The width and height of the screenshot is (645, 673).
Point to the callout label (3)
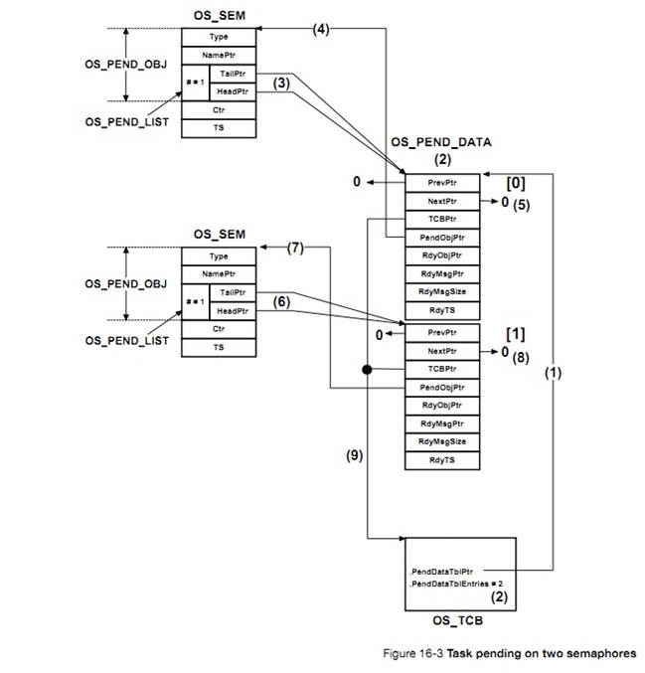pyautogui.click(x=281, y=84)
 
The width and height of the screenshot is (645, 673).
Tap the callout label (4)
pyautogui.click(x=320, y=30)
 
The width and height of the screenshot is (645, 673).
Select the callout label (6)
pyautogui.click(x=281, y=303)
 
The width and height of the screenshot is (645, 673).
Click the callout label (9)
pyautogui.click(x=355, y=454)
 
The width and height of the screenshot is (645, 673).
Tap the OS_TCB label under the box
pyautogui.click(x=460, y=621)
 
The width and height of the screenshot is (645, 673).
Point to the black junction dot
pyautogui.click(x=367, y=370)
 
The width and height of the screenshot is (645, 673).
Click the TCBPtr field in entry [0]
pyautogui.click(x=441, y=220)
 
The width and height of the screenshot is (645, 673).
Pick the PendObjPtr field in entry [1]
pyautogui.click(x=441, y=387)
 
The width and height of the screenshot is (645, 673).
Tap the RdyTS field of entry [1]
pyautogui.click(x=441, y=459)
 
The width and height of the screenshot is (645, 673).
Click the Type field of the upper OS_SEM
pyautogui.click(x=219, y=37)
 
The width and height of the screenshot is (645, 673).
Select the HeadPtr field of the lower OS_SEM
pyautogui.click(x=232, y=311)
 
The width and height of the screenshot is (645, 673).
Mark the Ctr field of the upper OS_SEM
pyautogui.click(x=219, y=109)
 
